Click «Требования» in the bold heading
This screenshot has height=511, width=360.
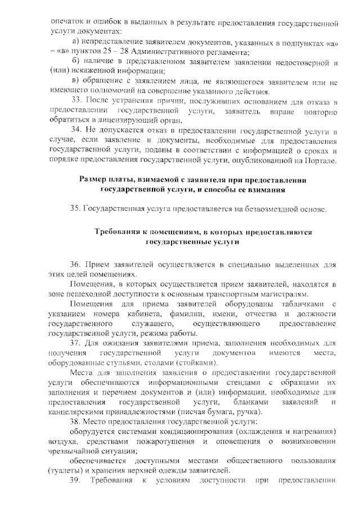point(118,232)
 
